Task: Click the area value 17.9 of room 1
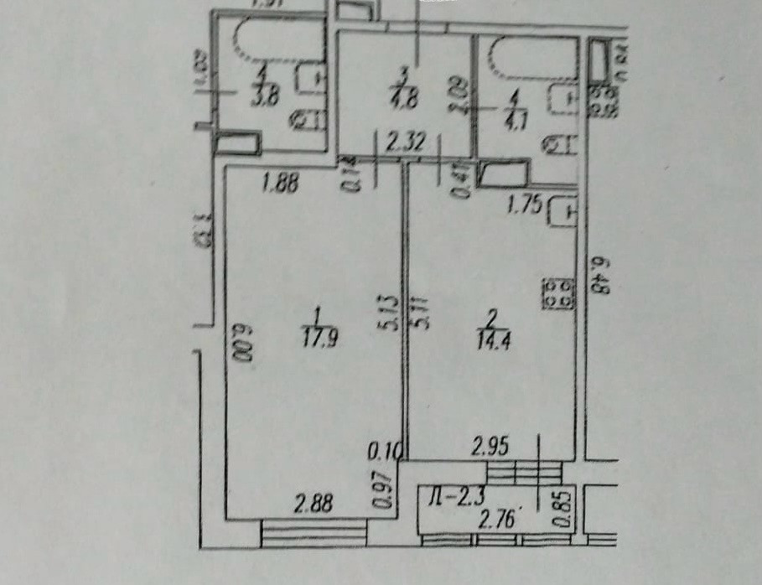pyautogui.click(x=315, y=340)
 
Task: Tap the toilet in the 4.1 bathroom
pyautogui.click(x=559, y=144)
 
